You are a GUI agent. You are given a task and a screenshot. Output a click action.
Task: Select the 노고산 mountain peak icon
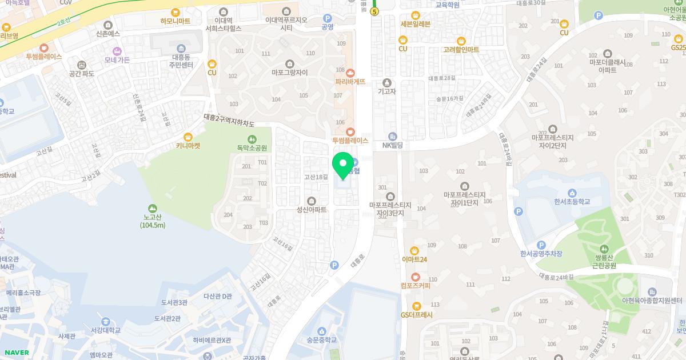point(153,208)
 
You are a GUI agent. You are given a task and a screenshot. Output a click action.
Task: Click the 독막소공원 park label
point(252,148)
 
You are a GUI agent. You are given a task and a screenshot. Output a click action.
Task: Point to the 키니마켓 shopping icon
point(188,137)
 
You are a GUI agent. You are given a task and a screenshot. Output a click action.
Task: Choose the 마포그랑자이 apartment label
point(289,73)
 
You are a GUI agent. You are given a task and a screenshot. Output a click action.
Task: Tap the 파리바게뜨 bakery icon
point(350,73)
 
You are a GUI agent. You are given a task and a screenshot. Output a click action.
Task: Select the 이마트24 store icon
point(414,250)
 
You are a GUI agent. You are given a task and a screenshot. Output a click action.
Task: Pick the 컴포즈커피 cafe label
point(415,285)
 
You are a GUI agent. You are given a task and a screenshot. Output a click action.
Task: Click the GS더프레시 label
point(416,315)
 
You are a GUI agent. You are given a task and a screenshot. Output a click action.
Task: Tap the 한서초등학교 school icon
point(572,193)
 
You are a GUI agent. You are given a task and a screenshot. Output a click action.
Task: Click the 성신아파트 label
point(311,210)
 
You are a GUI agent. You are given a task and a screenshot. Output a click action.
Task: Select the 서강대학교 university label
point(103,330)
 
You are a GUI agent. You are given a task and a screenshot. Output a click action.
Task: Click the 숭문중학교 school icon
point(321,331)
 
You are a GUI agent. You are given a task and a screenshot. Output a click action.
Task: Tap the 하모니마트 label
point(176,21)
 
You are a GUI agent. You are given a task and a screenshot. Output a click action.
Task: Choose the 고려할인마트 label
point(461,50)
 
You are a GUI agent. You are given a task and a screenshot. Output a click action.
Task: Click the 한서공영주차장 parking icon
point(541,245)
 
